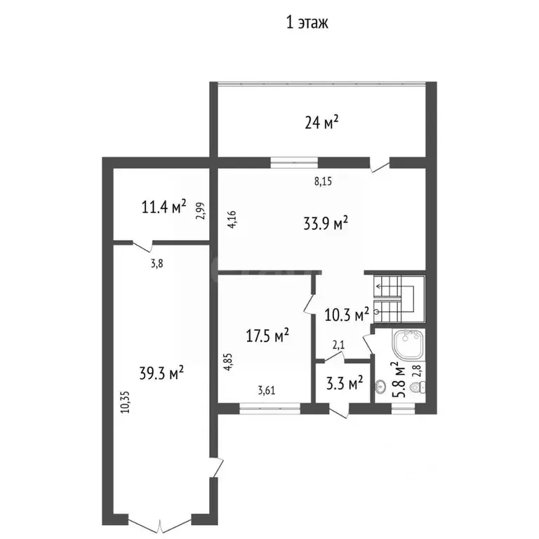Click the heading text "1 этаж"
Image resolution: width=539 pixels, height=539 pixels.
coord(307,22)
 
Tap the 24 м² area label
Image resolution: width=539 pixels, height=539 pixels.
coord(321,123)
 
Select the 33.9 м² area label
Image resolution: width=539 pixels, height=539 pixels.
coord(326,223)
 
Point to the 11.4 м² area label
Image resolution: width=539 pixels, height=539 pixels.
coord(164,206)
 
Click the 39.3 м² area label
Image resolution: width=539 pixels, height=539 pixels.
coord(161,373)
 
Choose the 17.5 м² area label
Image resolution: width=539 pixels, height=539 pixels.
coord(267,335)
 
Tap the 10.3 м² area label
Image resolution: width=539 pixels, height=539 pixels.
coord(347,314)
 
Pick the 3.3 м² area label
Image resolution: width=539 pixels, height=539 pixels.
coord(345,383)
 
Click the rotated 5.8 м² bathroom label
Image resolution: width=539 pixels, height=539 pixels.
coord(398,380)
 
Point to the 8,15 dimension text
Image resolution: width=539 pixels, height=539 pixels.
coord(323,182)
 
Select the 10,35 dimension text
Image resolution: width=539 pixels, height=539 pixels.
coord(126,402)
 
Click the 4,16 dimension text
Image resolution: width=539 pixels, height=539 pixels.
coord(232,219)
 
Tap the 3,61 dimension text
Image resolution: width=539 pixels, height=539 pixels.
coord(267,390)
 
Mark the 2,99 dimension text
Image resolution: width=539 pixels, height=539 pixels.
coord(201,211)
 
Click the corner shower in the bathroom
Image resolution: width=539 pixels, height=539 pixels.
coord(408,345)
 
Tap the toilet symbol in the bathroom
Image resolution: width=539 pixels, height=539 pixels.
coord(419,387)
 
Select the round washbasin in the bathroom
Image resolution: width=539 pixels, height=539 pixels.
coord(380,387)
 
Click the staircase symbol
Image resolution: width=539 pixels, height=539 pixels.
coord(399,299)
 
